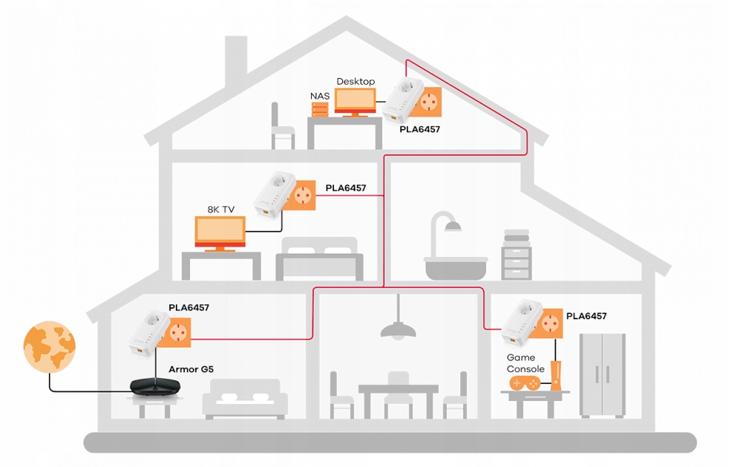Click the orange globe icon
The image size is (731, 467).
tap(49, 346)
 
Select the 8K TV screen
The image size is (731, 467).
tap(220, 232)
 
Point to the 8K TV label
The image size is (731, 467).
tap(220, 210)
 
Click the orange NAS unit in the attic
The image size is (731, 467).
tap(320, 109)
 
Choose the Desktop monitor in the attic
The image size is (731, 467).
tap(355, 101)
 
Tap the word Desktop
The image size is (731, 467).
tap(355, 81)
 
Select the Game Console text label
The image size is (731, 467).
tap(525, 363)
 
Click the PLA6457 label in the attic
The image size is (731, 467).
tap(420, 128)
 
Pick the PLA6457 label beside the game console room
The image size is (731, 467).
tap(586, 316)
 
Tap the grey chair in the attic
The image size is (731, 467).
tap(283, 127)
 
